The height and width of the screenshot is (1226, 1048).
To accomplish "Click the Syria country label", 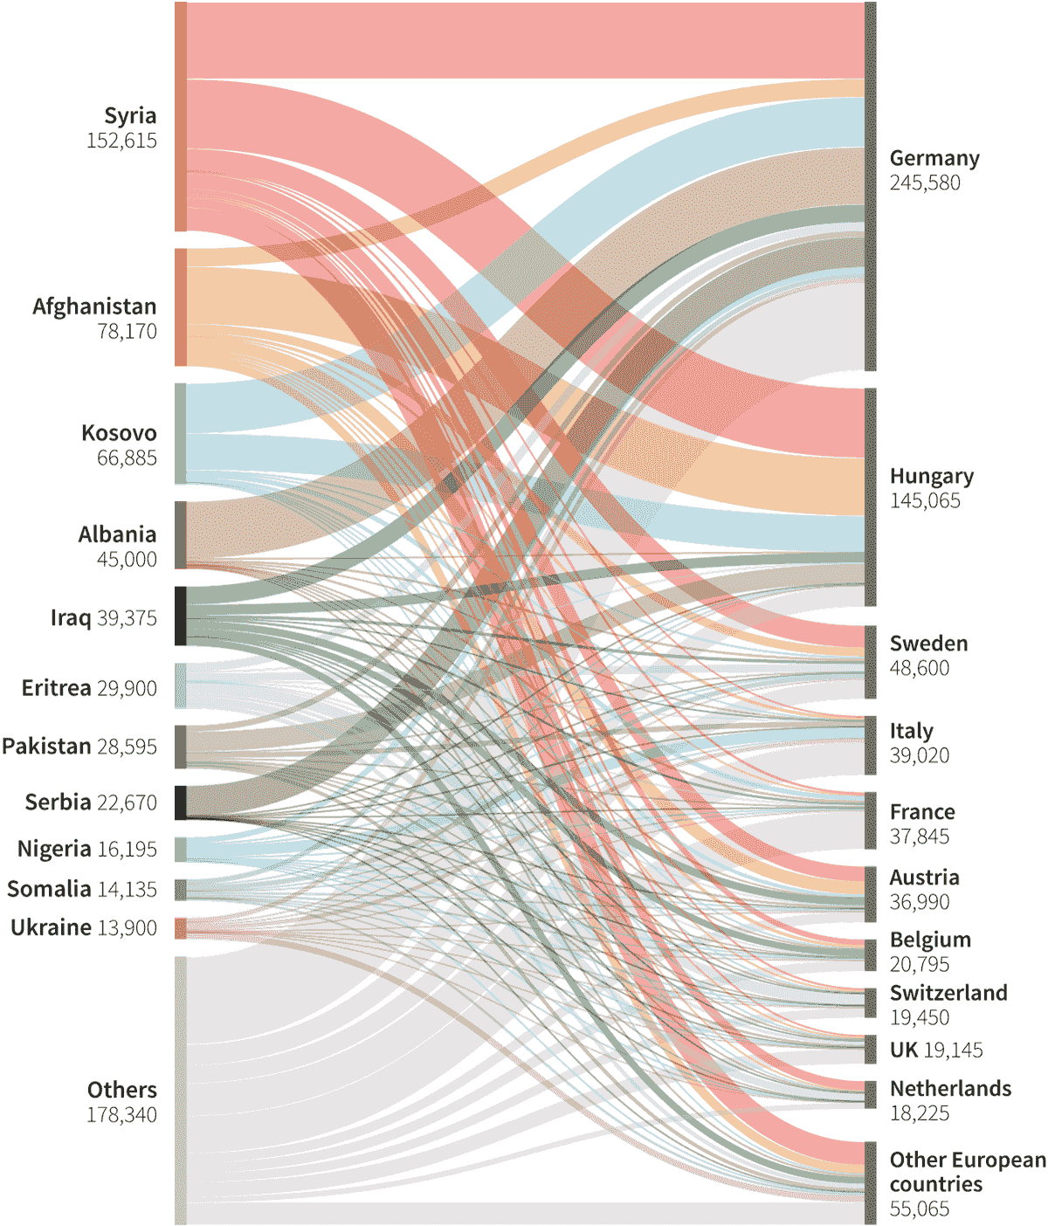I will click(130, 115).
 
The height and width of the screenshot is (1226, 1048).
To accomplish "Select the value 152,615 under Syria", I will click(121, 141).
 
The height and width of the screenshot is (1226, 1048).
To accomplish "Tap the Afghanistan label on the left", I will click(94, 306).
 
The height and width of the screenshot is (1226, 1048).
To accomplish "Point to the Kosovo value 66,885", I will click(127, 458).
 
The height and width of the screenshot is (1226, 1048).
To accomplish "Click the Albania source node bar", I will click(181, 534).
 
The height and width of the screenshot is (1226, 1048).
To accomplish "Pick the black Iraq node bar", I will click(181, 616).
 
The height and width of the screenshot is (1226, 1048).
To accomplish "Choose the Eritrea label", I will click(56, 688).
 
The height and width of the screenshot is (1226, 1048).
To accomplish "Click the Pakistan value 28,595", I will click(128, 747).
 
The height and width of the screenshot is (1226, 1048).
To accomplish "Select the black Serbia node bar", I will click(181, 802).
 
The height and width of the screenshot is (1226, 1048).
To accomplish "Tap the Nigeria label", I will click(54, 849).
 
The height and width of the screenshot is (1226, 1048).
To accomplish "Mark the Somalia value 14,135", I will click(128, 890).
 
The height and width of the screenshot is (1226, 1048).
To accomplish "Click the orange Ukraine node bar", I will click(181, 927).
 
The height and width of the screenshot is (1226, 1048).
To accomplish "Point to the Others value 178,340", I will click(121, 1115).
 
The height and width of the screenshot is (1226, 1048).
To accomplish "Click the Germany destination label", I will click(934, 158).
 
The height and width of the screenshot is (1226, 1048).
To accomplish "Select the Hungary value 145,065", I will click(925, 501).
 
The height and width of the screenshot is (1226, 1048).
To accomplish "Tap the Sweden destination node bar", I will click(871, 662).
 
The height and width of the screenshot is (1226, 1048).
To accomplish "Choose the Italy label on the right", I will click(911, 731).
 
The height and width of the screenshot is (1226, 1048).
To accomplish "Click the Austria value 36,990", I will click(919, 902).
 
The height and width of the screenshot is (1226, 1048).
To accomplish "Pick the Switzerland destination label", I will click(948, 993).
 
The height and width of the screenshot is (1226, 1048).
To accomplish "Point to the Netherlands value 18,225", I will click(919, 1113).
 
